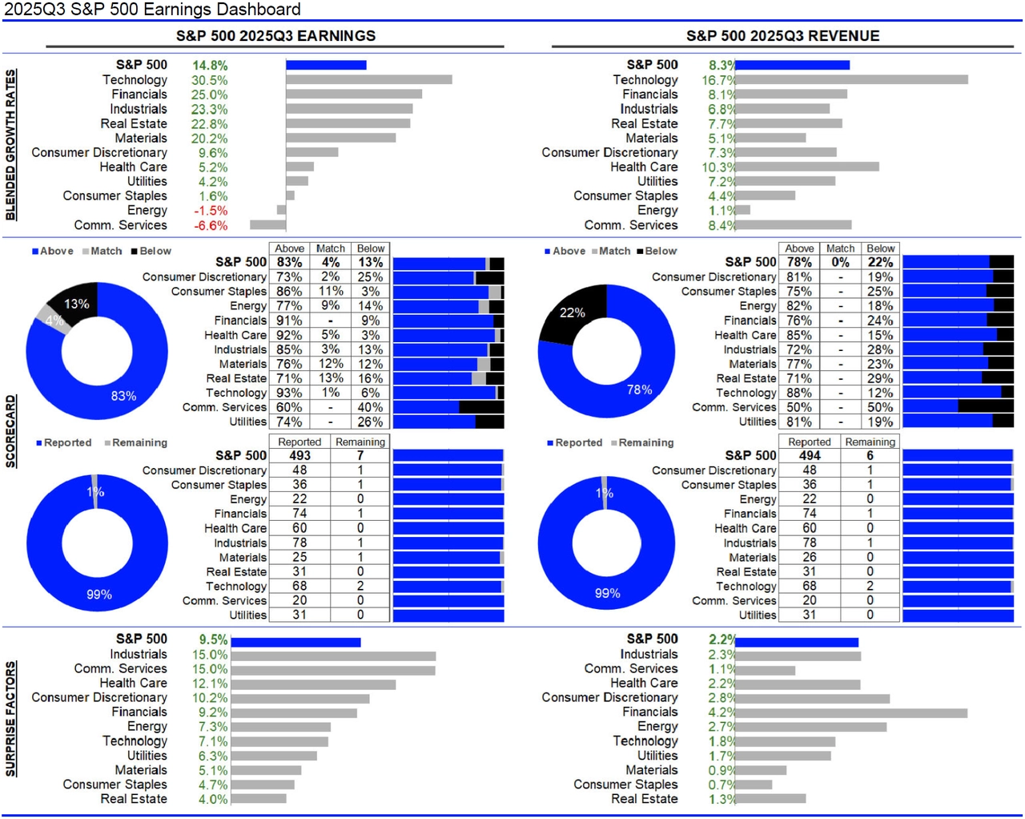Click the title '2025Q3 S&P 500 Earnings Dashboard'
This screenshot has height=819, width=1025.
click(152, 10)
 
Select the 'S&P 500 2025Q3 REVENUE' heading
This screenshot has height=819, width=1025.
click(782, 36)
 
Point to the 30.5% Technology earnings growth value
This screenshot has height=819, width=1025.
click(209, 80)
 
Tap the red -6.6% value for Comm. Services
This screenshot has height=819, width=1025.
click(211, 225)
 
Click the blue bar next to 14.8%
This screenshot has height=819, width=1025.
click(326, 65)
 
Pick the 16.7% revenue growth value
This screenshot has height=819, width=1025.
click(718, 80)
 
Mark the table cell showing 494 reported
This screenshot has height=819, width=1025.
click(810, 455)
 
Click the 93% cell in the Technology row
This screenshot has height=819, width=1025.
click(289, 393)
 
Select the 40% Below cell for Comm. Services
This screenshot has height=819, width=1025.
click(370, 407)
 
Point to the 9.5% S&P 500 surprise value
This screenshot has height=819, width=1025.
click(213, 639)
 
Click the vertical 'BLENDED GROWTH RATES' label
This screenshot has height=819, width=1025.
click(10, 144)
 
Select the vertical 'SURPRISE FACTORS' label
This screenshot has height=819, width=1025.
click(10, 719)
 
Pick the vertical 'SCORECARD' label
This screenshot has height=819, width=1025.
click(10, 431)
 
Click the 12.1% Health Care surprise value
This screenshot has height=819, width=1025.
click(210, 684)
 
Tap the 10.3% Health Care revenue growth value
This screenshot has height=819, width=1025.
click(717, 167)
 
